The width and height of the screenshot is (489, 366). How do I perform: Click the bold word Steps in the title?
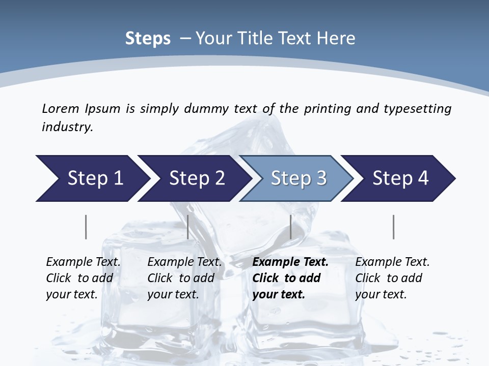point(148,39)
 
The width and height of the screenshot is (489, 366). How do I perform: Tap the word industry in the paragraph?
point(67,127)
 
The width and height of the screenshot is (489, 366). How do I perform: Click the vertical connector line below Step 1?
point(86,227)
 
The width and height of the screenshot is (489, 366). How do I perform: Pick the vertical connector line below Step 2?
point(188,227)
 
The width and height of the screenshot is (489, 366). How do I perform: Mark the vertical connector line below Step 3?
point(290,227)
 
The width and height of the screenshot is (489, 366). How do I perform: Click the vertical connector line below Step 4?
point(393,227)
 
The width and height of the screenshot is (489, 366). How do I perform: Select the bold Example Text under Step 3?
point(290,262)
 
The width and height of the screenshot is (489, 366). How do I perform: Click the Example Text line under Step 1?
point(83,262)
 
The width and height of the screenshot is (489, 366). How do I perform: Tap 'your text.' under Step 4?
point(381,294)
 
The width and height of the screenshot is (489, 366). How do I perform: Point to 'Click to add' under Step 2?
point(180,278)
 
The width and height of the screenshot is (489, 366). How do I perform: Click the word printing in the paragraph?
point(322,109)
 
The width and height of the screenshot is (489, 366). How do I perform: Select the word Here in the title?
point(336,39)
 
